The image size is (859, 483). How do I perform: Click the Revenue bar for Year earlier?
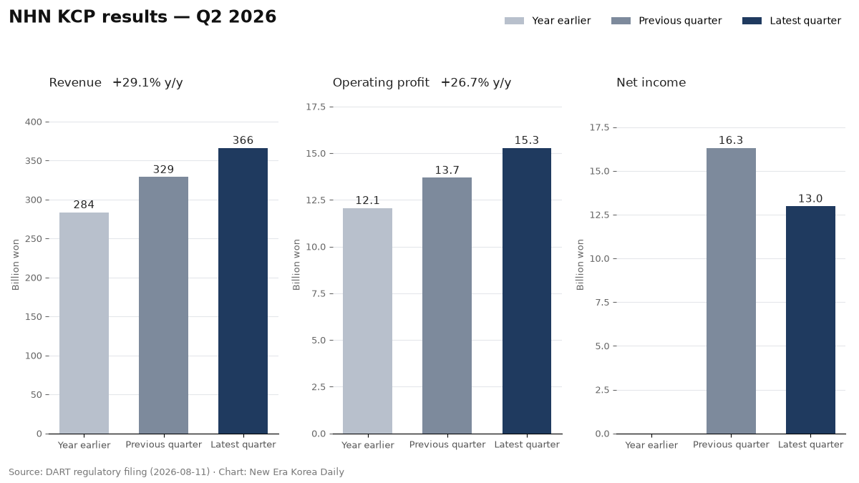click(84, 323)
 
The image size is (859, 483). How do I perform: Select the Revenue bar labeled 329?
click(163, 305)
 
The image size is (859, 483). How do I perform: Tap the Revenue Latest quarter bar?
click(243, 291)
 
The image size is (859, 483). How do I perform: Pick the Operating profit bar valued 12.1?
click(367, 321)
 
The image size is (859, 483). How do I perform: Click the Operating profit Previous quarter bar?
click(447, 306)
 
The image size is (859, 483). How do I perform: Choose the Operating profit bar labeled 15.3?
click(527, 291)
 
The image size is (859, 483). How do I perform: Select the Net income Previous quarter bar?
click(731, 291)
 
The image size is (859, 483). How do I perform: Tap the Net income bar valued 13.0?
click(810, 320)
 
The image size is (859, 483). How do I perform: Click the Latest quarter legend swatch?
click(752, 21)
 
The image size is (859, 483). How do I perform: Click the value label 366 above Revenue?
click(243, 140)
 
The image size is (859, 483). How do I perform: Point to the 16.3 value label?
click(731, 140)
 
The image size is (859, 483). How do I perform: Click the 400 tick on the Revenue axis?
click(34, 122)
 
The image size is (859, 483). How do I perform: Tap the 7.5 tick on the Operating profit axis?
click(319, 293)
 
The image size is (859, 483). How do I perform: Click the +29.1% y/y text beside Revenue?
click(147, 83)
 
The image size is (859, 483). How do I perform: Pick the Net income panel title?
click(651, 82)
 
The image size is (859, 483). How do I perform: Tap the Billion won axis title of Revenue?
click(15, 265)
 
